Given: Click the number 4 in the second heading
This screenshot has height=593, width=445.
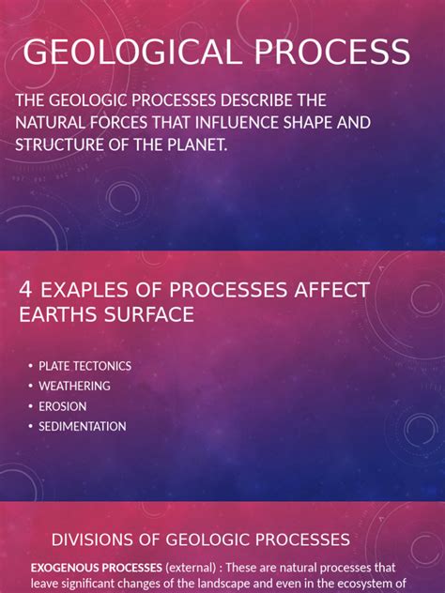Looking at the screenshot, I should point(26,289).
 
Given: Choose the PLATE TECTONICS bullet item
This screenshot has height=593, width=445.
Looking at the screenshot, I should point(84,366).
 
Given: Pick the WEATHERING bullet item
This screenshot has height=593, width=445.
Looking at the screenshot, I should point(74,386).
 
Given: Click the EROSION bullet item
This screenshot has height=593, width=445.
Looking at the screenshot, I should point(62,406).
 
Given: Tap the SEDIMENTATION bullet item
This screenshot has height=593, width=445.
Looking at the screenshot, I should point(82,426).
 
